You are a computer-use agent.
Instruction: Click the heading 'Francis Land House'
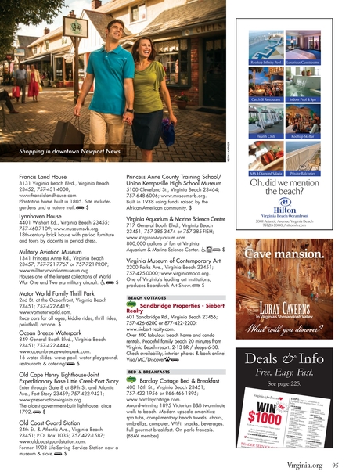[43, 179]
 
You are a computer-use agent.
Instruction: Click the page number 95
[333, 465]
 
